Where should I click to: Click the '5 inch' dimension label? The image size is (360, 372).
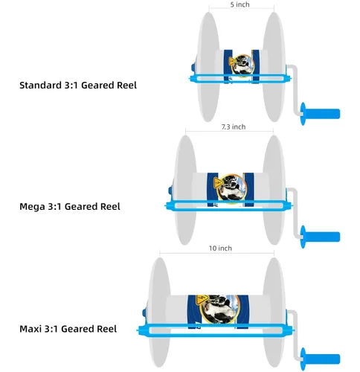pos(240,4)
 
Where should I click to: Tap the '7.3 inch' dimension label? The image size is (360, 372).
pos(234,126)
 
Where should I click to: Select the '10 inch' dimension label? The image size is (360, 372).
pos(220,248)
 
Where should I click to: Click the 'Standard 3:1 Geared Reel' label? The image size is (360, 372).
pos(78,85)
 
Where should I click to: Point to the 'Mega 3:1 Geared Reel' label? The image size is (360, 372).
pos(70,207)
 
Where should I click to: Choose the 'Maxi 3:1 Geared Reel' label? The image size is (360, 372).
pos(68,329)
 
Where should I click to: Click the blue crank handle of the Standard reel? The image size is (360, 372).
pos(320,114)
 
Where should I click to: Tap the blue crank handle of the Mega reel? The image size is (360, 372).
pos(320,237)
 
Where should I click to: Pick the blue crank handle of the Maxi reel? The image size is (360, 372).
pos(320,359)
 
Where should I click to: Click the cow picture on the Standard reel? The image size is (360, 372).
pos(242,65)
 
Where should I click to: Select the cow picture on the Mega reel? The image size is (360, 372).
pos(232,188)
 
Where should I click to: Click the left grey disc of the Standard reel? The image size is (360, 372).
pos(208,67)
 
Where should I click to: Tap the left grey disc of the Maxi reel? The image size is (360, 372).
pos(159,312)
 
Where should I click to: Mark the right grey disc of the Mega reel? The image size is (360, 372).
pos(274,190)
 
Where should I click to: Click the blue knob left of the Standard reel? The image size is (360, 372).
pos(193,68)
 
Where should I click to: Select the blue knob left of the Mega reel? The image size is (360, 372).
pos(170,190)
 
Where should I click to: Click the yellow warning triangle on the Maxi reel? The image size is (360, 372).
pos(202,300)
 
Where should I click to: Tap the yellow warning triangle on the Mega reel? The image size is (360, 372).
pos(218,183)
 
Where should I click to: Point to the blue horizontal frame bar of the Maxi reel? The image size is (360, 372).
pos(215,330)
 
